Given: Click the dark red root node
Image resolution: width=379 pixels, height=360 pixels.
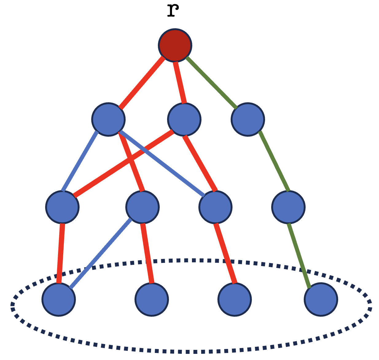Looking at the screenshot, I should (x=175, y=45).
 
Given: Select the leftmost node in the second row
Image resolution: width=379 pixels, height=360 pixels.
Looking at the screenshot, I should (x=108, y=119).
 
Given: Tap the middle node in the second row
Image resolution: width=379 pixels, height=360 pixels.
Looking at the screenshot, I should (x=184, y=119).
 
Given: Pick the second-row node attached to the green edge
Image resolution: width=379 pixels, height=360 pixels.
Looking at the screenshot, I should (x=248, y=119).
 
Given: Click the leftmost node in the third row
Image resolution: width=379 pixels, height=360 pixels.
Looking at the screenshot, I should (x=62, y=207).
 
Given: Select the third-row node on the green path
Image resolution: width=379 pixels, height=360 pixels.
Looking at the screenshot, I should (x=288, y=207).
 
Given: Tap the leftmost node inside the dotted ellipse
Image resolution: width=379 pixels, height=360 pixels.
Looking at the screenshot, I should (x=59, y=299).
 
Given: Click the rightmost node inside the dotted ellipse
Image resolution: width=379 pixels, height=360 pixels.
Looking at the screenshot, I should (x=321, y=299).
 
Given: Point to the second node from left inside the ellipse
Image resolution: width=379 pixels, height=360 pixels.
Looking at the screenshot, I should (x=152, y=299).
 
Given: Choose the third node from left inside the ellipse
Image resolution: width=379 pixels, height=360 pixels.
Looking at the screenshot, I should (x=235, y=299).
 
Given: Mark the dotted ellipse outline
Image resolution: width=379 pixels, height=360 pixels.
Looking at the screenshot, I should (x=190, y=351).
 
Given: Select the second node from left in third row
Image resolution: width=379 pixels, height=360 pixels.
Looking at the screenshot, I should (x=143, y=207).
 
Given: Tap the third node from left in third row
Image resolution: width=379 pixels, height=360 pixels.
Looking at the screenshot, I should (x=215, y=207).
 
